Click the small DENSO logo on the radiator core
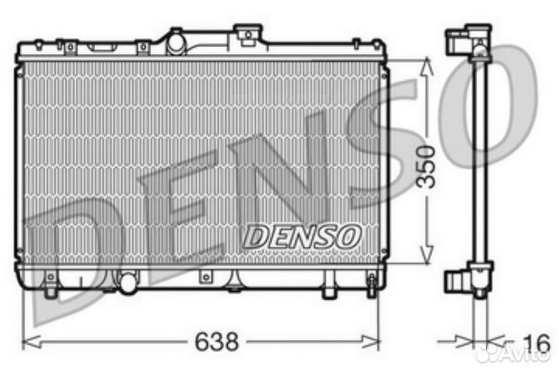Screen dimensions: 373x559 (x=302, y=234)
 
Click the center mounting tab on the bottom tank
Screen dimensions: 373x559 (x=206, y=277)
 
